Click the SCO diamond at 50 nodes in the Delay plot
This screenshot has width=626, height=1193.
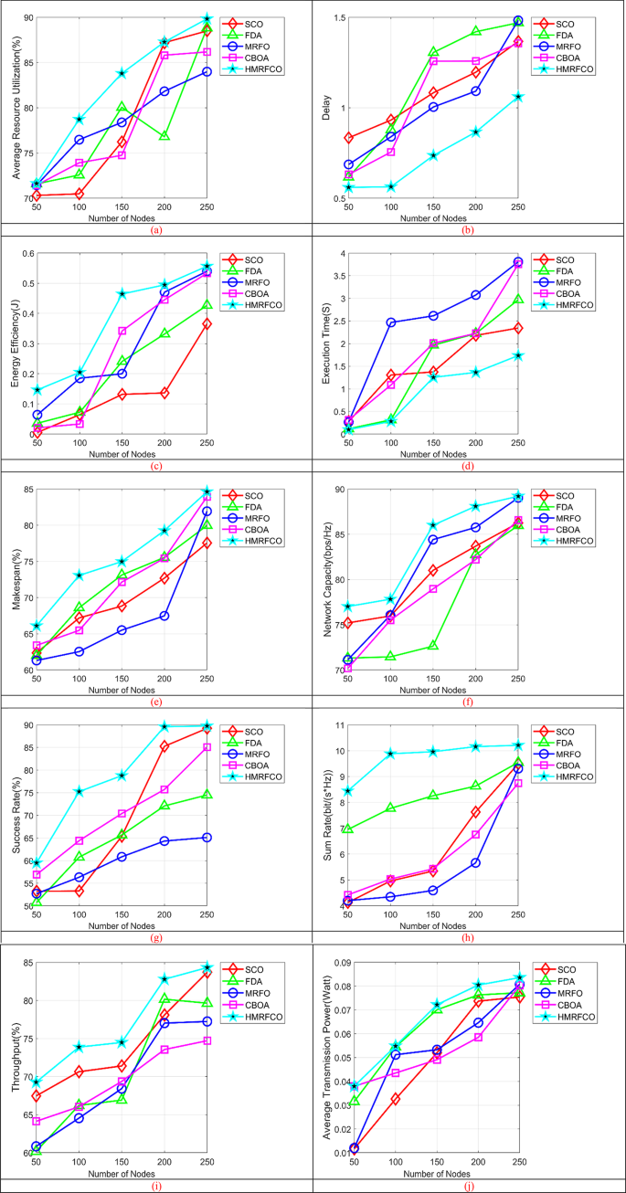348,138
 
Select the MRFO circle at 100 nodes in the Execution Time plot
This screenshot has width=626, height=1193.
390,322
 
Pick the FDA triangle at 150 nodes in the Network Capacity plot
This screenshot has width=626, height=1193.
433,646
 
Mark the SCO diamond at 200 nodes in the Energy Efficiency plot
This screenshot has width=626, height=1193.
164,393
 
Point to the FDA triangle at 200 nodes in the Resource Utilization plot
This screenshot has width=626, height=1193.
164,135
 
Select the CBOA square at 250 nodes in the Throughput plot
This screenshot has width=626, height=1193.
207,1040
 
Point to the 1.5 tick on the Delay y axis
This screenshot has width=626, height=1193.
336,17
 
